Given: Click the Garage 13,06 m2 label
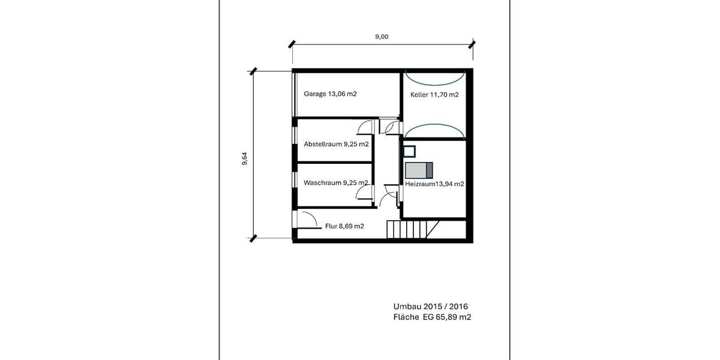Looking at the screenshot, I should (330, 94).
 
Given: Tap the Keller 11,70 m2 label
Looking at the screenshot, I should (434, 95).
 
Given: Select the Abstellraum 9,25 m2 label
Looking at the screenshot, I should (336, 144).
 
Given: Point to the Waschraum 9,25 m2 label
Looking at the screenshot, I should (336, 183).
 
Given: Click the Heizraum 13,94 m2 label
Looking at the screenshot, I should (434, 185).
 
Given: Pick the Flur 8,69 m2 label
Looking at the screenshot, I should (344, 226).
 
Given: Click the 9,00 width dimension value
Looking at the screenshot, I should (382, 37).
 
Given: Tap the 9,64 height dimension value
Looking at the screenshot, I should (245, 159).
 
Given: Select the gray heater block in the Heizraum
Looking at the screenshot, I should (419, 170).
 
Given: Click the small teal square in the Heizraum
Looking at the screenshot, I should (410, 150).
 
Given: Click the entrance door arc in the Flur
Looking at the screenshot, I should (309, 220).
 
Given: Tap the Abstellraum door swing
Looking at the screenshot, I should (364, 127).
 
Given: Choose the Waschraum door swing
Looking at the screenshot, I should (363, 192).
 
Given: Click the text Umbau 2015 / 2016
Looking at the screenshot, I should (430, 306).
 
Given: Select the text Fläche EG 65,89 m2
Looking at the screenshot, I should (432, 317).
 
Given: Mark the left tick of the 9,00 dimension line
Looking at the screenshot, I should (292, 44).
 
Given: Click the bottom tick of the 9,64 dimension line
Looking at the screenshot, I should (253, 238).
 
